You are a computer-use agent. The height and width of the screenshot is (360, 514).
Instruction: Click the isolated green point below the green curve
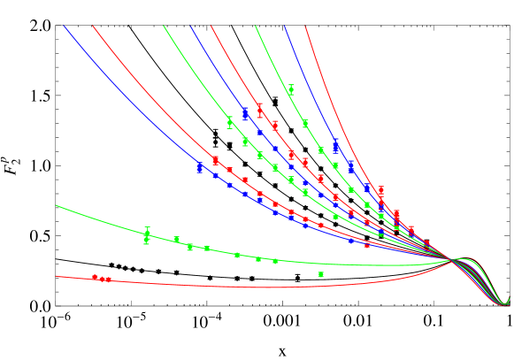[320, 275]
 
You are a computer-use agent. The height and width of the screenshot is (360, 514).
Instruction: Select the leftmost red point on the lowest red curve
[96, 278]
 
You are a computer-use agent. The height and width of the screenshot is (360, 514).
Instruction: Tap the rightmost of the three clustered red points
[108, 280]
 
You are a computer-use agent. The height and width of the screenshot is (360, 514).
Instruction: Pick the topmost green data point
[291, 89]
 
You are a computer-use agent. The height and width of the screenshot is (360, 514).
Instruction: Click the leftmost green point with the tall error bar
[147, 235]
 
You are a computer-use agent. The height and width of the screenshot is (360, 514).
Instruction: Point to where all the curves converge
[453, 259]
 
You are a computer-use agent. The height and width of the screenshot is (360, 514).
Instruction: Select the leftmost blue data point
[200, 166]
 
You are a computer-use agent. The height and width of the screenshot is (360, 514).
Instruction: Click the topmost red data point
[260, 111]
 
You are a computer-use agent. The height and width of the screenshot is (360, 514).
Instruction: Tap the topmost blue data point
[245, 114]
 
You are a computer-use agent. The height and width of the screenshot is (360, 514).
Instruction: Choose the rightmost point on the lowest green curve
[275, 261]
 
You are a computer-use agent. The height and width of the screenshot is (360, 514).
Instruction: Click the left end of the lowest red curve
[57, 276]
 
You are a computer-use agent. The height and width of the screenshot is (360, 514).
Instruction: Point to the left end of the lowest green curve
[57, 205]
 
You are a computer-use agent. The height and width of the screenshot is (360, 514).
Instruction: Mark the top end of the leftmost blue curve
[64, 26]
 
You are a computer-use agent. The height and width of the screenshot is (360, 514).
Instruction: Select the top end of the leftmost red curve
[93, 26]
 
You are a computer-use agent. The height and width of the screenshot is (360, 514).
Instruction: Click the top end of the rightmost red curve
[305, 26]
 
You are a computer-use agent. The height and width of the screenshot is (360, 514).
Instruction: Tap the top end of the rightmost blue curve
[285, 26]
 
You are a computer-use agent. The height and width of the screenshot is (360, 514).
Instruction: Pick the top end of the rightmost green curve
[256, 26]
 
